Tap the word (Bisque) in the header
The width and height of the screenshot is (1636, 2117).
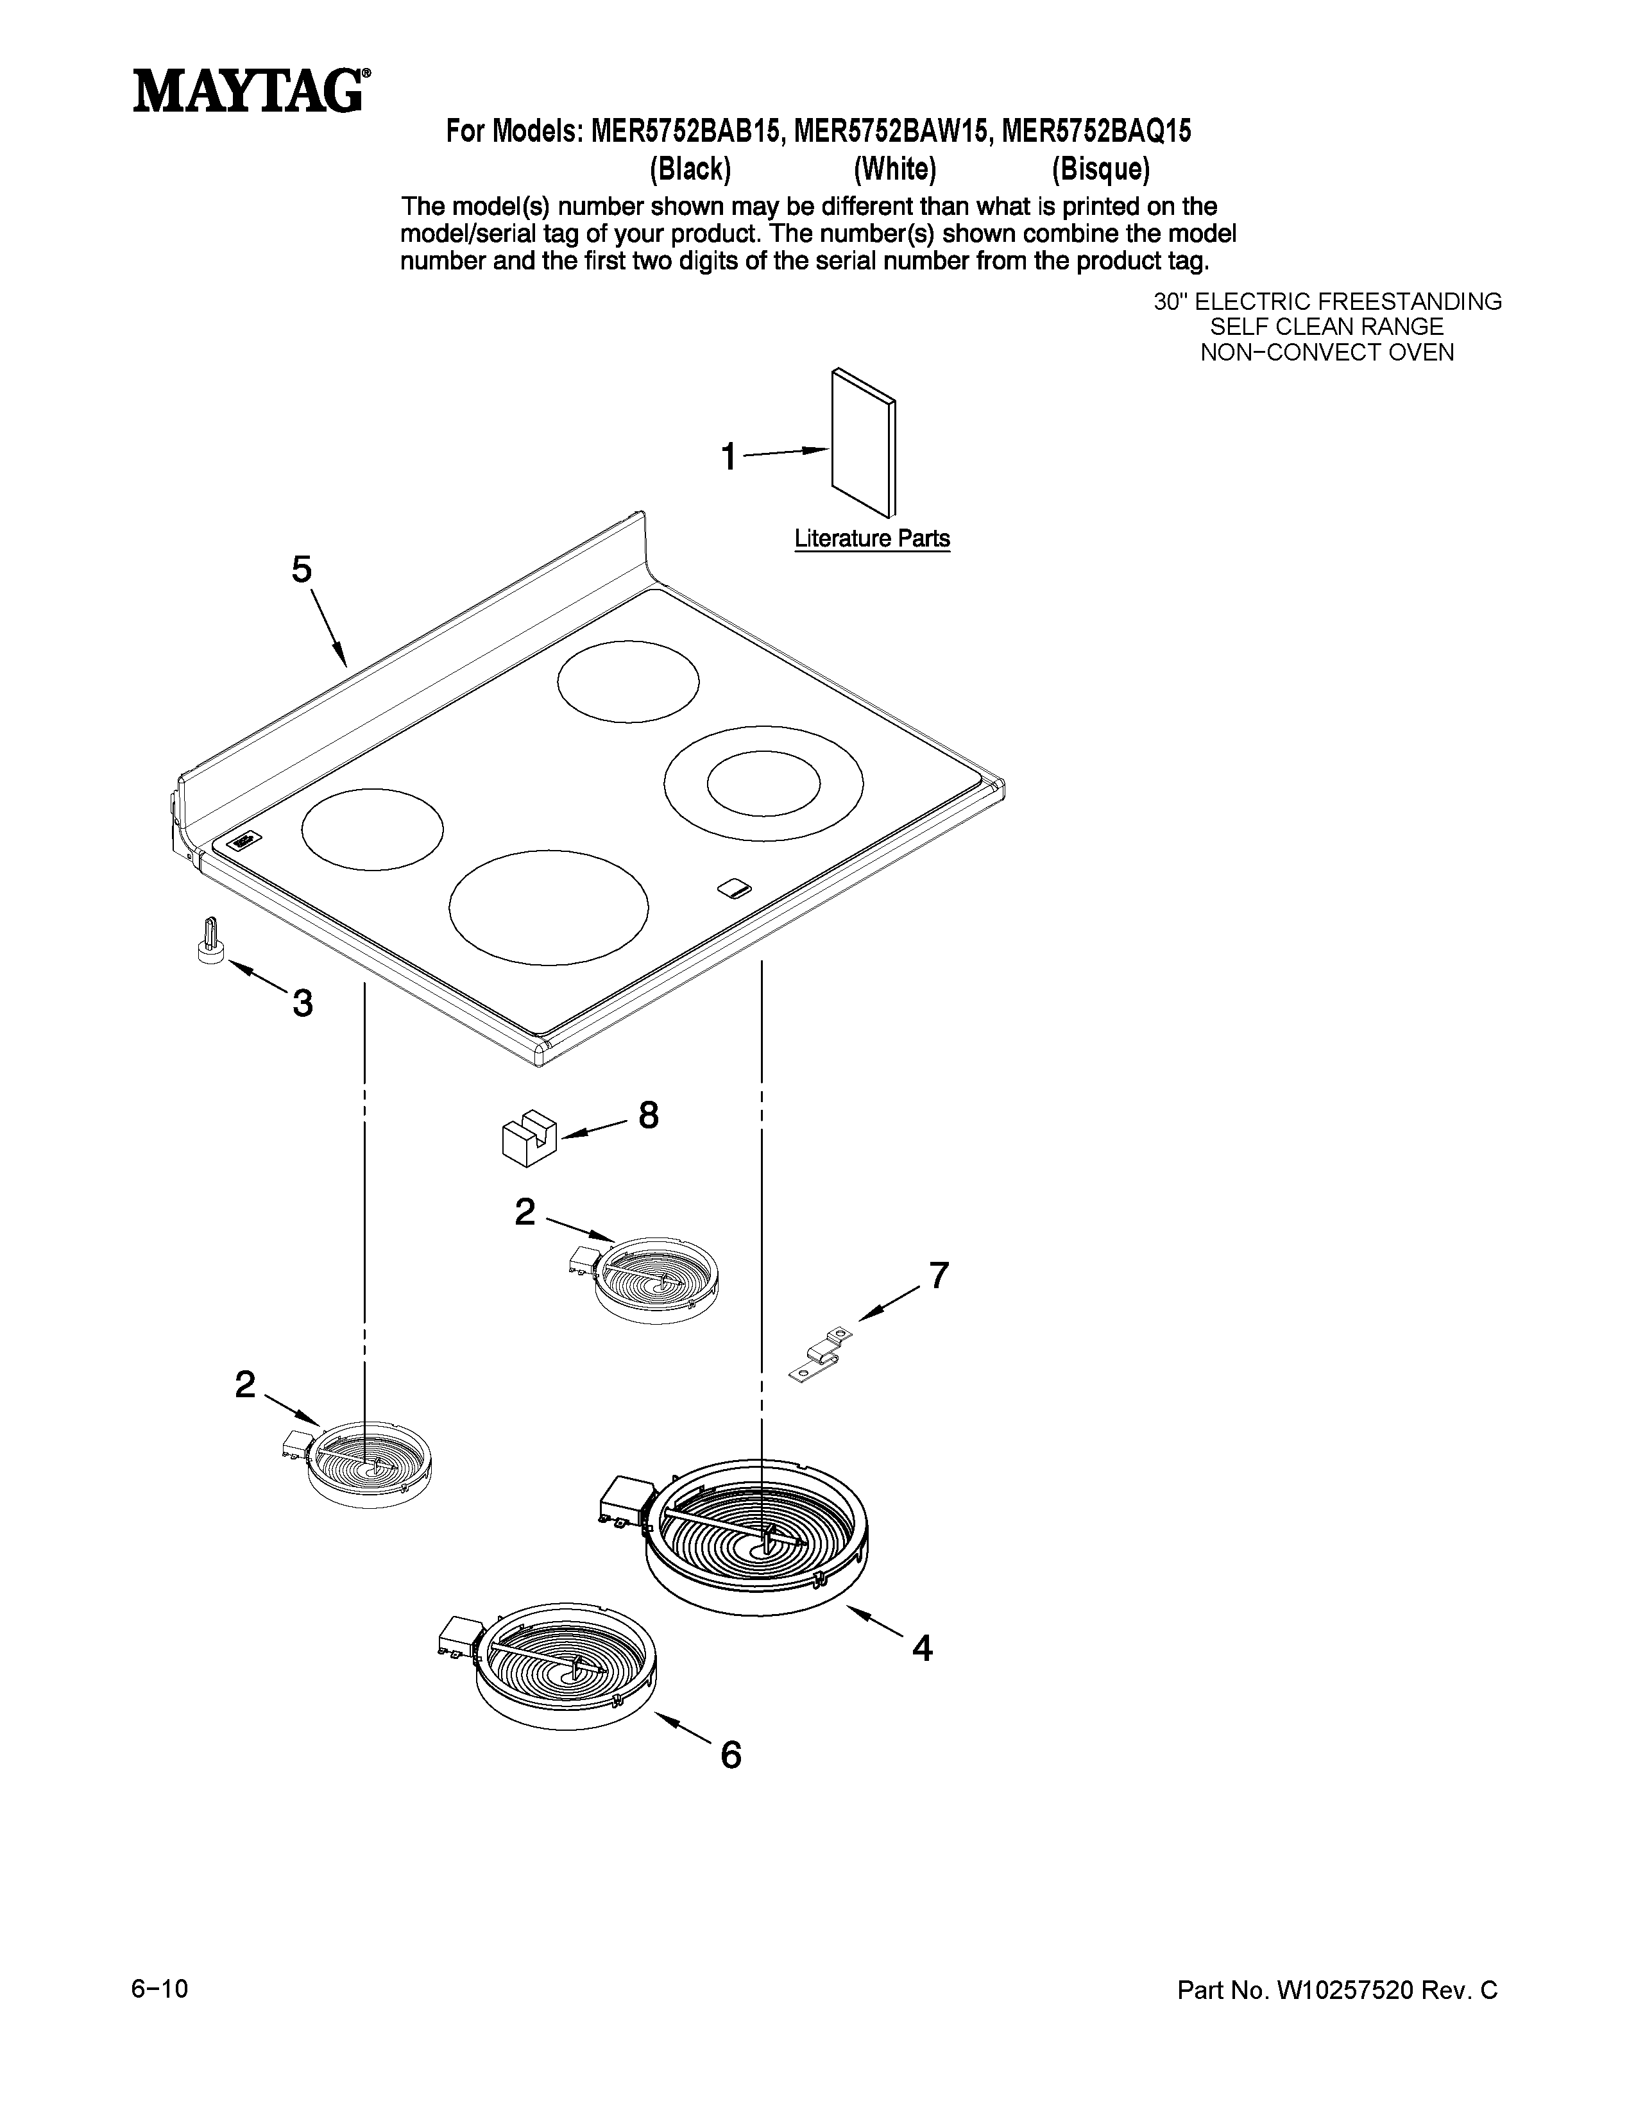point(1101,169)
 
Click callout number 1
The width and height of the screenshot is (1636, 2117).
point(728,457)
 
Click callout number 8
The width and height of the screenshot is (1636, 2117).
point(649,1116)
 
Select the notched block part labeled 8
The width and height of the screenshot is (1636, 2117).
point(529,1135)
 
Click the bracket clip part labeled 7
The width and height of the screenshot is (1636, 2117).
point(821,1352)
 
